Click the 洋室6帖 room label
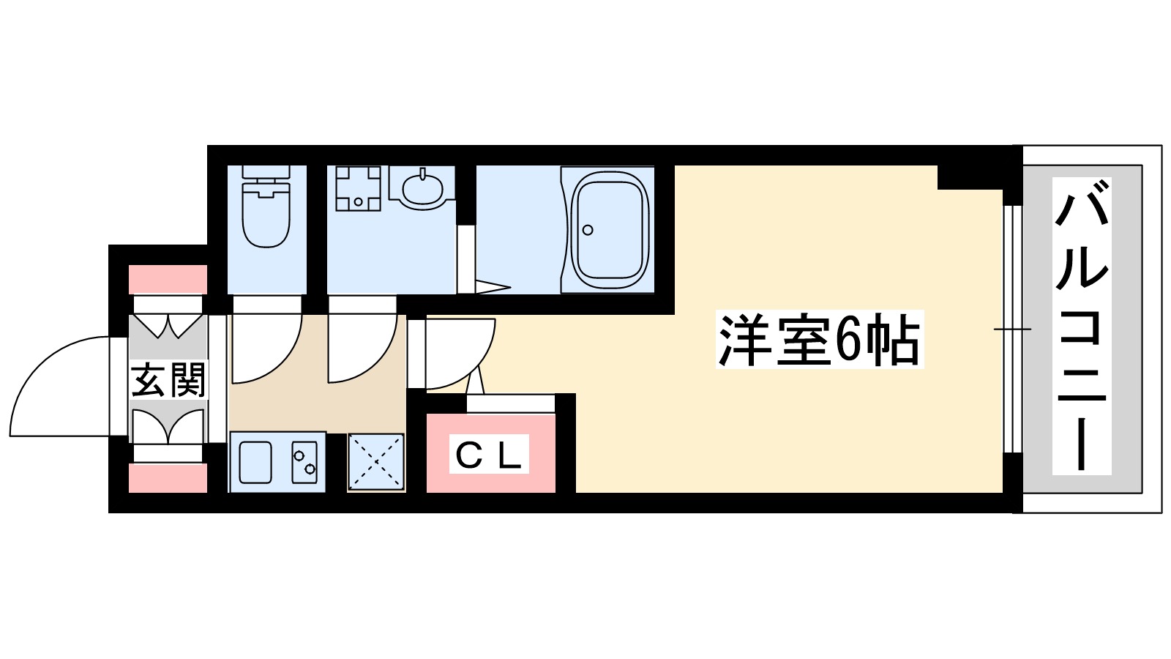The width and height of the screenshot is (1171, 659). point(819,340)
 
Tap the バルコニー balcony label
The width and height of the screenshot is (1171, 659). point(1082,326)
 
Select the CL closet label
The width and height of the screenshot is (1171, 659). point(488,455)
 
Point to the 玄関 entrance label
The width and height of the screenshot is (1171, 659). point(168,379)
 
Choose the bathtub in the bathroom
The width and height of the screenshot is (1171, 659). point(610,229)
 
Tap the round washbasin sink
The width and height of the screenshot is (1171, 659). point(422,188)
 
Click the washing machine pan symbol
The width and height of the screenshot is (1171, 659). point(358,188)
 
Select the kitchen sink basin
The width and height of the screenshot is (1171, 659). point(255,462)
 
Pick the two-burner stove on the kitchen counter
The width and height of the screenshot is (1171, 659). point(304,462)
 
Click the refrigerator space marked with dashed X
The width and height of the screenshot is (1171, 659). point(375,461)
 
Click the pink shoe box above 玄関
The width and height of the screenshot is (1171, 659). point(168,280)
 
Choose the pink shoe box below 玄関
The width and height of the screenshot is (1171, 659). point(168,478)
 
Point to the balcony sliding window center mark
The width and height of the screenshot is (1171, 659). point(1011,329)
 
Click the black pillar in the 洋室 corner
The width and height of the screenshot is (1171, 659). point(969,177)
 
